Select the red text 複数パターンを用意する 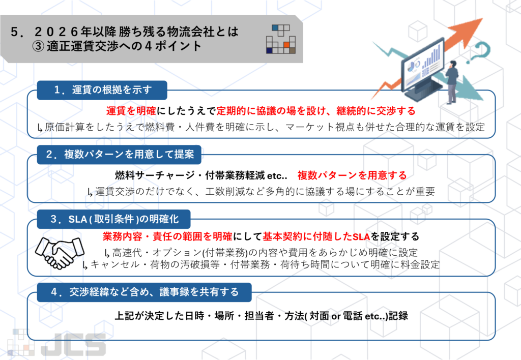tap(352, 175)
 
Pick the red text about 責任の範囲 tap(167, 236)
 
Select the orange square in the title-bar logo tap(286, 45)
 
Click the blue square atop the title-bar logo tap(275, 27)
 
